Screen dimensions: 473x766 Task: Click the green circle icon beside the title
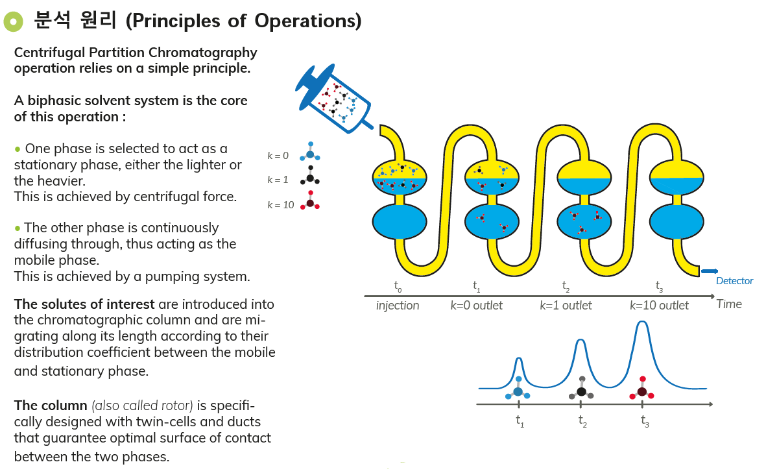coord(12,21)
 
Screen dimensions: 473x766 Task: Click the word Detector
coord(734,281)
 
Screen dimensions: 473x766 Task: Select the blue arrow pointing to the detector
coord(709,271)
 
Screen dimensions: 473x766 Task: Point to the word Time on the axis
coord(729,304)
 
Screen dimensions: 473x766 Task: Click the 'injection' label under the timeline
coord(398,306)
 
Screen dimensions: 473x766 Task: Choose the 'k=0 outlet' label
coord(476,306)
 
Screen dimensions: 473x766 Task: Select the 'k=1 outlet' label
coord(566,306)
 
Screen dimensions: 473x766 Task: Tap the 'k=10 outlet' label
coord(659,306)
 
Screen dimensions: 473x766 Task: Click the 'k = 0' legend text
coord(278,156)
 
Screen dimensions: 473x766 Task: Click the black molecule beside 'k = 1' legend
coord(310,177)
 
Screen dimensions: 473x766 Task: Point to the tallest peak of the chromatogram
coord(641,322)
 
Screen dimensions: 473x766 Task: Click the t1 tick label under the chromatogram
coord(520,421)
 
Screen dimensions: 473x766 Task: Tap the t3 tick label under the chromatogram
coord(644,421)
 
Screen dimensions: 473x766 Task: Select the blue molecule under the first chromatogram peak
coord(518,391)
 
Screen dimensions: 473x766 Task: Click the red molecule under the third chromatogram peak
coord(641,391)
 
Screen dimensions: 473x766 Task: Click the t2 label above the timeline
coord(566,285)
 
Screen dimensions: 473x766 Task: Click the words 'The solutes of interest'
coord(84,304)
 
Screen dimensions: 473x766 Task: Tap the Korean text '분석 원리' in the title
coord(75,21)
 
